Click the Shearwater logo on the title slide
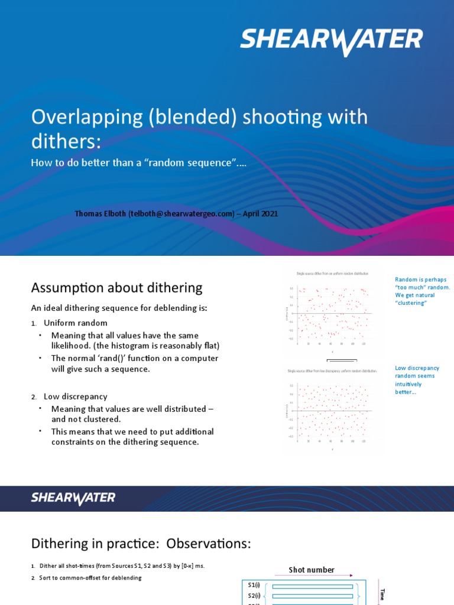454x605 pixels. click(331, 41)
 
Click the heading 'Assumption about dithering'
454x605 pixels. click(116, 288)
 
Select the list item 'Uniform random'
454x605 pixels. click(76, 323)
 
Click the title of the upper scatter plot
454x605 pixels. click(332, 274)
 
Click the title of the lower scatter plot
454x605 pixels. click(332, 371)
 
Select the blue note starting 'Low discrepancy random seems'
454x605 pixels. click(417, 380)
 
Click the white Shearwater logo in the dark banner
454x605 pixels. click(73, 499)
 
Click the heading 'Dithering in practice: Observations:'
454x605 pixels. click(141, 544)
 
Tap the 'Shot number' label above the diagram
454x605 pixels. click(311, 570)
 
